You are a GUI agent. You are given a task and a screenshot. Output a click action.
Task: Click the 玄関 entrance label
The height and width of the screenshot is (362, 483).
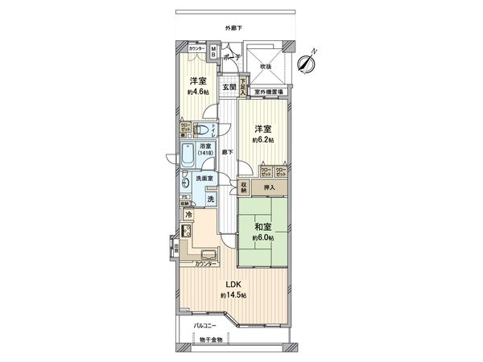229,87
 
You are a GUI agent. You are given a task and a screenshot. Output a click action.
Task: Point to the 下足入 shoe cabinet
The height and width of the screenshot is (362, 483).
242,86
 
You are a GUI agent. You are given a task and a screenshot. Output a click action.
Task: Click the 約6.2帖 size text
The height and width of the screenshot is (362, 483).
262,140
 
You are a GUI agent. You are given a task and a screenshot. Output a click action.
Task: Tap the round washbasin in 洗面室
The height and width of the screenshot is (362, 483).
187,182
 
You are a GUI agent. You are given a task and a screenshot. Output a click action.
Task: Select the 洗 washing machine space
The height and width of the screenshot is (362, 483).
211,199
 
